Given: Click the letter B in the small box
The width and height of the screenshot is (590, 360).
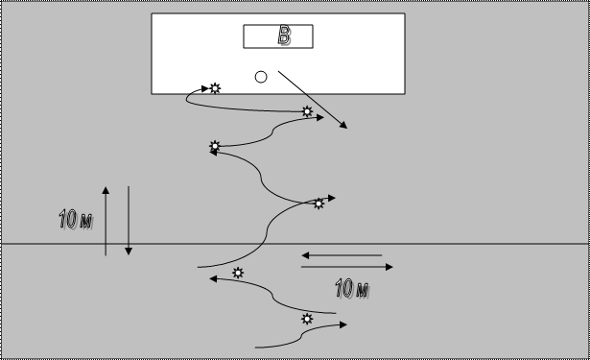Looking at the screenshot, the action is pos(285,36).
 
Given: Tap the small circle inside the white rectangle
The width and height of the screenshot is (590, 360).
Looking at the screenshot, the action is pos(261,77).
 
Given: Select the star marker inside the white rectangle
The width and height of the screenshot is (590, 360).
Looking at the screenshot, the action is pos(215,88).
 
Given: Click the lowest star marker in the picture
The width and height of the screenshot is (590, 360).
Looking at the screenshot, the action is pos(307,319).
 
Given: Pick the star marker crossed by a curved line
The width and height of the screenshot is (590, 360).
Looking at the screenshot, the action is pos(319,204).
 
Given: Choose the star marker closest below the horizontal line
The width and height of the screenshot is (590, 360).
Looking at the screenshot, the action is pos(238,273).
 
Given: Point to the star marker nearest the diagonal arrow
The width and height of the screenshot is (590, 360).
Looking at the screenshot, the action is pos(307,111).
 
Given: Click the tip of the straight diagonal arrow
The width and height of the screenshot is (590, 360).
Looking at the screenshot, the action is pos(347,129).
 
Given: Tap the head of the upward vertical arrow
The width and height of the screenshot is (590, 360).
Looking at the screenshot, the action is pos(106,190).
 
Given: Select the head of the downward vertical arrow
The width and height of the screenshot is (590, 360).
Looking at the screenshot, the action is pos(129,252).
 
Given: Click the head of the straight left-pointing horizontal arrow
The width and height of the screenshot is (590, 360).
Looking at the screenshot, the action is pos(305,255).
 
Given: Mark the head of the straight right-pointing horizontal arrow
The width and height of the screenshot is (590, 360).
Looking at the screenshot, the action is pos(389,267).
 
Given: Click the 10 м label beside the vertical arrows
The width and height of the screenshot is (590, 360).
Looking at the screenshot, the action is pos(76,219).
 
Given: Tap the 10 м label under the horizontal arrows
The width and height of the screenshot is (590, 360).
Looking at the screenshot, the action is pos(352,289).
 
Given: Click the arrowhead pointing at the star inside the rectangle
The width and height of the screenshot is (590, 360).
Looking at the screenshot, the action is pos(205,89).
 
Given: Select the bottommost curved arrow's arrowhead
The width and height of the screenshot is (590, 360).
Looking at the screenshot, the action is pos(343,324).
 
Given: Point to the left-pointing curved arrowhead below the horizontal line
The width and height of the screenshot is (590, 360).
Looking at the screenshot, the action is pos(213,279).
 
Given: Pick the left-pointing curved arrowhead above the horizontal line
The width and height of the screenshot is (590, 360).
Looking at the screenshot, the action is pos(213,152).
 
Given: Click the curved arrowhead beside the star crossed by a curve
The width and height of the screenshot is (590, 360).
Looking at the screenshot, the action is pos(332,198).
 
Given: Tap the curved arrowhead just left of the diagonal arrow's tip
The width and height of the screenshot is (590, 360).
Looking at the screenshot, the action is pos(320,118).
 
